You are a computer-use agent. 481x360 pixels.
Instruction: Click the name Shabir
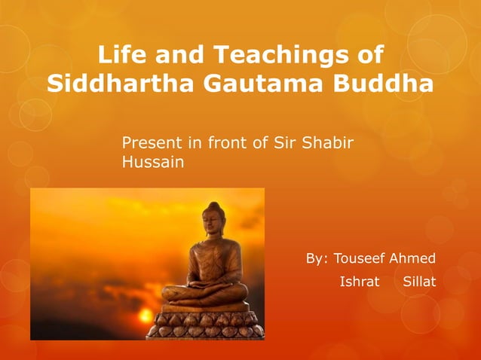[328, 143]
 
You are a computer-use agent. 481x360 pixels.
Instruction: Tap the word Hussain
[152, 161]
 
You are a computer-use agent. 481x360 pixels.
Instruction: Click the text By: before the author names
[316, 258]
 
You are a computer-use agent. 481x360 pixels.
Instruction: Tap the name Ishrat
[360, 282]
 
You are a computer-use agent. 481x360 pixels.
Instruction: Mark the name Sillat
[419, 282]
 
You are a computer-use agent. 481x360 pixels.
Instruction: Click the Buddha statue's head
[216, 217]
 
